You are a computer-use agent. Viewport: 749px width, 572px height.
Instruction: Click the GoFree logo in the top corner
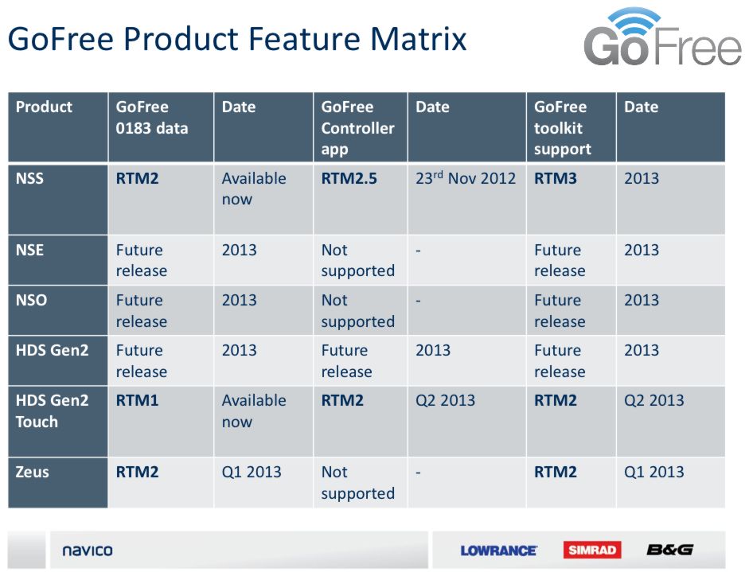[x=662, y=37]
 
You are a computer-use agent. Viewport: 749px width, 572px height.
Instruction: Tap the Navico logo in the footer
[x=88, y=551]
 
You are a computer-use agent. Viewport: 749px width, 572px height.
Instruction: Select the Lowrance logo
[x=499, y=551]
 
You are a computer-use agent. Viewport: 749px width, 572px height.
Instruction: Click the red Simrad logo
[x=592, y=550]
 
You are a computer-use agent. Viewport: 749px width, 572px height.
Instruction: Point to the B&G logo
[x=669, y=550]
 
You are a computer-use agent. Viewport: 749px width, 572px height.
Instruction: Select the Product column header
[x=44, y=107]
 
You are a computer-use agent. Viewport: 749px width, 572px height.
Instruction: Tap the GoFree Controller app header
[x=357, y=128]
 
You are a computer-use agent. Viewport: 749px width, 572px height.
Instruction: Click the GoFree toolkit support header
[x=563, y=128]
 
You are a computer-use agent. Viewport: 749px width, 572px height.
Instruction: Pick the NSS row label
[x=29, y=178]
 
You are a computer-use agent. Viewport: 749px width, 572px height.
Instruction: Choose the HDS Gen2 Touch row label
[x=52, y=411]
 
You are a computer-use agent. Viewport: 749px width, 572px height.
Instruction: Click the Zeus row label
[x=33, y=473]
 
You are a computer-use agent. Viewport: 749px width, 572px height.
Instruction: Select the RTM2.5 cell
[x=349, y=178]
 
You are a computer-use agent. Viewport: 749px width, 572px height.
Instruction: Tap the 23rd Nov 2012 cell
[x=466, y=178]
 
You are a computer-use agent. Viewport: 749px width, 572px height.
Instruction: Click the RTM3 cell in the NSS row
[x=556, y=178]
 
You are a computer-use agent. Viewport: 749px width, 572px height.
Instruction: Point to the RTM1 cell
[x=137, y=401]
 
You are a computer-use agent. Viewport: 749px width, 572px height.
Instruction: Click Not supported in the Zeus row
[x=357, y=483]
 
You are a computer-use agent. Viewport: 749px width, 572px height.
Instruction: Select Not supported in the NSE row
[x=357, y=260]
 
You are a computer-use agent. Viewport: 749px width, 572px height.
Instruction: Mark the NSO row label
[x=32, y=301]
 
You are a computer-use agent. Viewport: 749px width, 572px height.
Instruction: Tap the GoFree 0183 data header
[x=152, y=118]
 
